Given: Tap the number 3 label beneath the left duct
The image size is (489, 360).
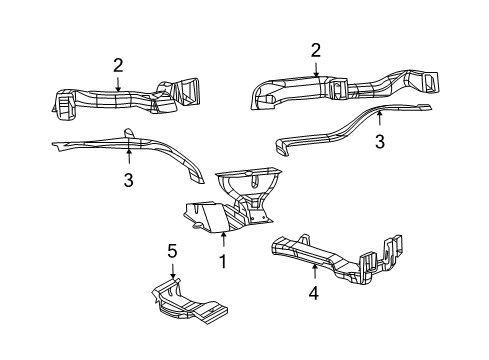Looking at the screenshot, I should pyautogui.click(x=128, y=180).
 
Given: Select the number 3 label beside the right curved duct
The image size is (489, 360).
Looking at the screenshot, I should pyautogui.click(x=380, y=143).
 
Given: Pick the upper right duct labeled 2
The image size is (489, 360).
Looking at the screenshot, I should pyautogui.click(x=340, y=88).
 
